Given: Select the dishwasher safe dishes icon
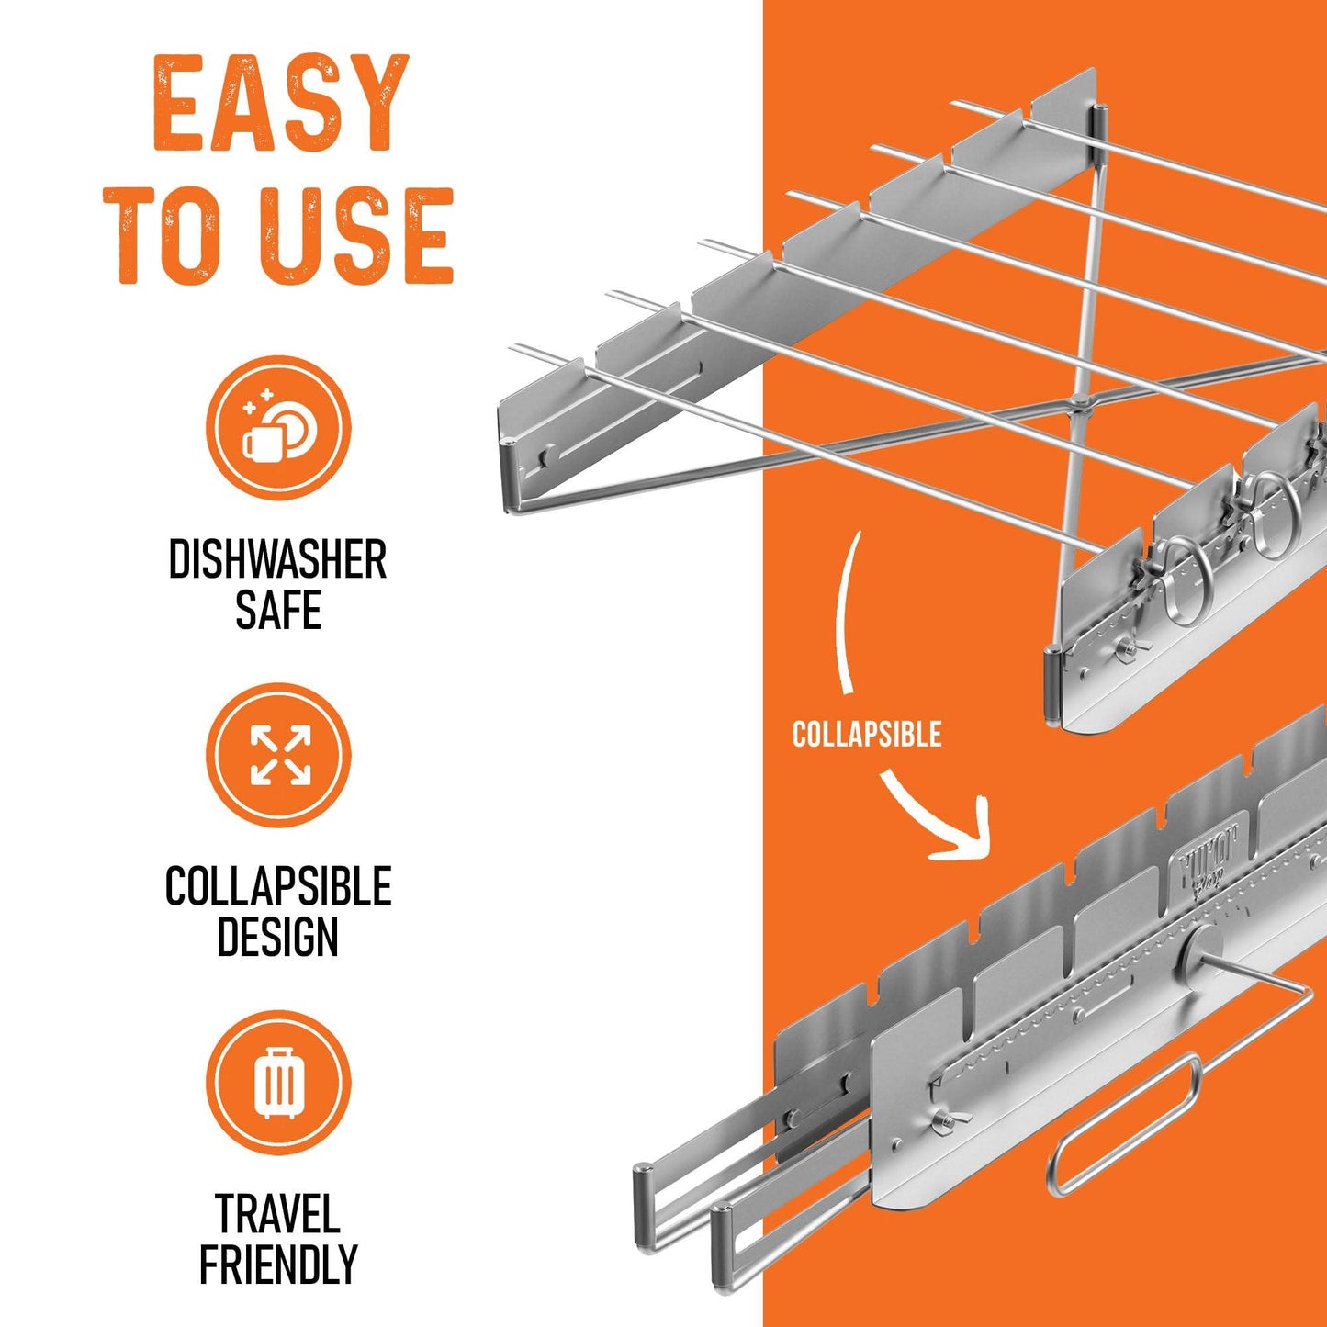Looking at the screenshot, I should [x=278, y=428].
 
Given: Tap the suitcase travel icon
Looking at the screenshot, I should [x=278, y=1082].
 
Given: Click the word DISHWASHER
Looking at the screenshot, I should [x=277, y=560].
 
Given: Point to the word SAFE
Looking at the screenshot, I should [x=277, y=612].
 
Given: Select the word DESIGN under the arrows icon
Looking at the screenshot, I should [x=277, y=938].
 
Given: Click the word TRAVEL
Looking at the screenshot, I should [x=277, y=1214].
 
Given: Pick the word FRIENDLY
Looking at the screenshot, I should [x=277, y=1265].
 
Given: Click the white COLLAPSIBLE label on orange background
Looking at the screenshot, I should [x=867, y=735].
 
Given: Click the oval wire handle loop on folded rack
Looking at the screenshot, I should [x=1124, y=1124].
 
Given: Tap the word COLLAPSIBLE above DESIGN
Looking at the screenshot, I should [x=277, y=887].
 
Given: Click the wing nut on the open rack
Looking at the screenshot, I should [x=1125, y=648].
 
